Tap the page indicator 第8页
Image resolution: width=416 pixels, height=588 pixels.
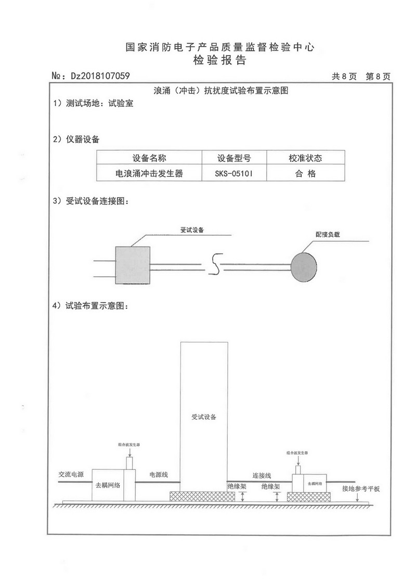click(378, 76)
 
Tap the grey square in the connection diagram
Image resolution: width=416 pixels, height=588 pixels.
click(133, 265)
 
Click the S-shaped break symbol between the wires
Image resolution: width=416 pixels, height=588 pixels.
click(213, 264)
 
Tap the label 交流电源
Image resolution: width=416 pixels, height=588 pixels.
click(71, 475)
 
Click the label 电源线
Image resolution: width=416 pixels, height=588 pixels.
click(158, 475)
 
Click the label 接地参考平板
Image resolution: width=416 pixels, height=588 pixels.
click(361, 489)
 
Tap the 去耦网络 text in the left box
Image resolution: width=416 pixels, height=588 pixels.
click(108, 484)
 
